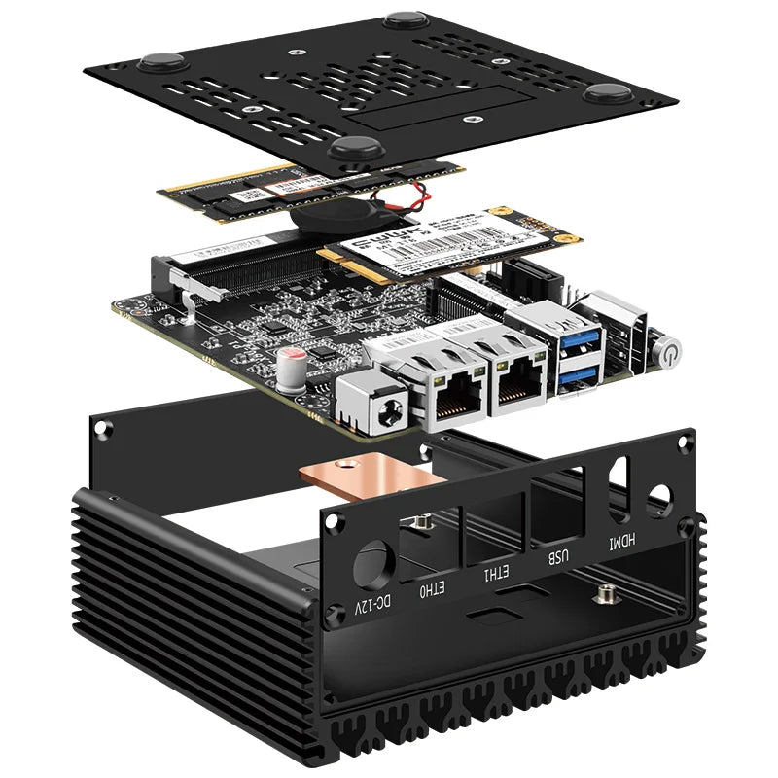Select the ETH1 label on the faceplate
(492, 574)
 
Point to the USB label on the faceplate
(554, 558)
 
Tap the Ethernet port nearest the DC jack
(455, 397)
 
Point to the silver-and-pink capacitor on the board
(288, 366)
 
